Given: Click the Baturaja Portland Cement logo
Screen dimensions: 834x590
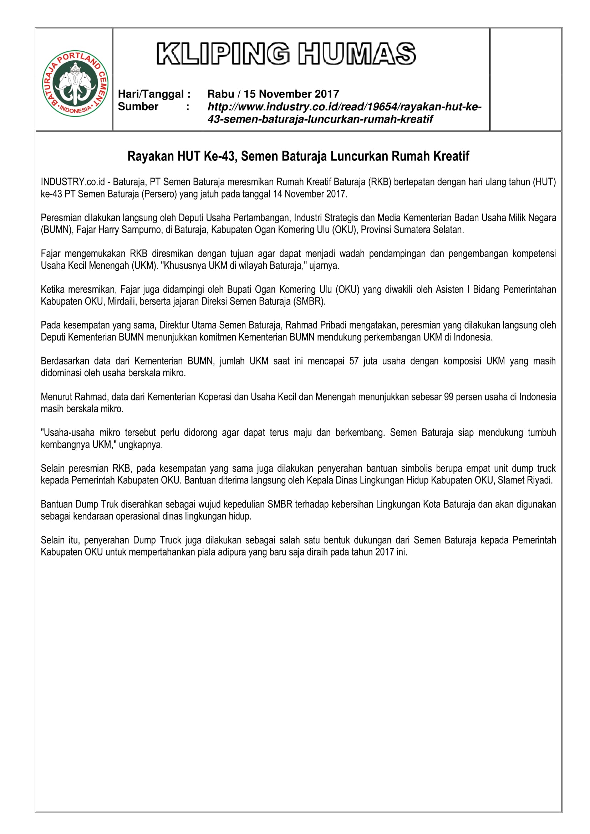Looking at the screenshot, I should click(x=75, y=83).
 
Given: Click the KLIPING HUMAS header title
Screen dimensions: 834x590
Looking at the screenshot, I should click(x=286, y=54).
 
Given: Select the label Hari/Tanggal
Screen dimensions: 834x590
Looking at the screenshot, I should click(x=151, y=94).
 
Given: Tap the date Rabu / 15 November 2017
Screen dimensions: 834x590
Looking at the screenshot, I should click(x=273, y=94).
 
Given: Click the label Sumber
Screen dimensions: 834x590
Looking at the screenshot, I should click(x=138, y=106).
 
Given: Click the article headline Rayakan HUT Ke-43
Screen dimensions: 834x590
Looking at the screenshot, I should click(x=298, y=156).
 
